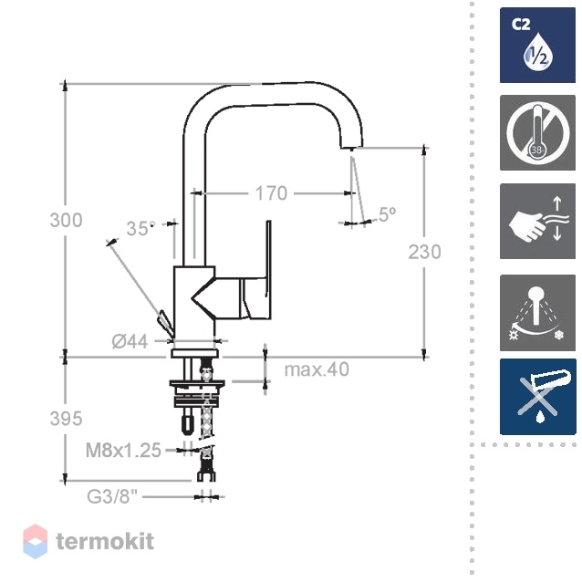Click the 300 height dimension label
coord(66,220)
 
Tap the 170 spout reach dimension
coord(271,193)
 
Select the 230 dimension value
coord(424,252)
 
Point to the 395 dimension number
coord(66,419)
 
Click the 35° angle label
coord(140,228)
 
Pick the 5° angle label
coord(388,213)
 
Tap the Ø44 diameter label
coord(130,341)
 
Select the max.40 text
coord(317,369)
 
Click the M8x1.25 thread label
coord(123,451)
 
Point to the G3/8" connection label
coord(112,496)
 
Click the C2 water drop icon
coord(537,45)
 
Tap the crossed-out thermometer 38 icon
coord(537,132)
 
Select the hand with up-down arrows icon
coord(537,222)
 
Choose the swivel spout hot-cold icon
coord(537,313)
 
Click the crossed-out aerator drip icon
coord(538,397)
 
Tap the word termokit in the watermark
coord(105,541)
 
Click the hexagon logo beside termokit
coord(36,542)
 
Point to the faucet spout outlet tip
coord(351,148)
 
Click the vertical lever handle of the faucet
coord(268,259)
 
